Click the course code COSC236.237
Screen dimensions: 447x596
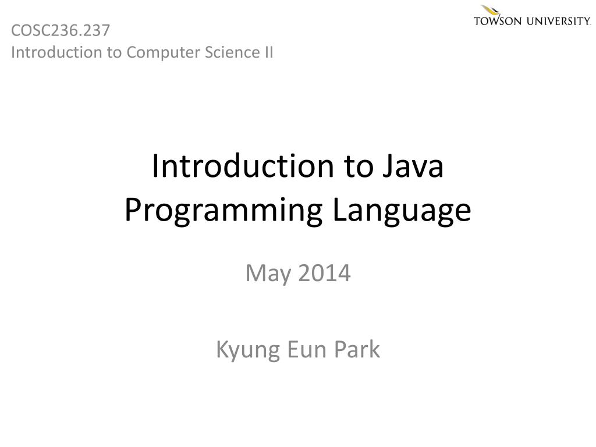point(60,30)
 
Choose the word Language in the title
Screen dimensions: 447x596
point(402,210)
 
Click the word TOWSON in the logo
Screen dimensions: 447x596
point(499,22)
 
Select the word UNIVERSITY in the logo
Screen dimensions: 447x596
point(559,22)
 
